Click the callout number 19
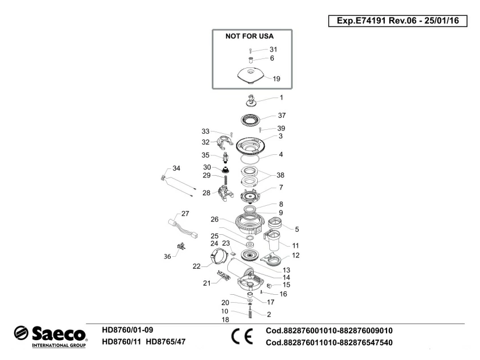click(x=277, y=79)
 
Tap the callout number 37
click(x=282, y=115)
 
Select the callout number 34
click(x=176, y=168)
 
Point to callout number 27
click(x=185, y=214)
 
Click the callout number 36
click(x=167, y=256)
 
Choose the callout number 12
click(x=296, y=255)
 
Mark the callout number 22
click(x=197, y=266)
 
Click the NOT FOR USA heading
click(x=250, y=36)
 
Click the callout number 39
click(x=281, y=128)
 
